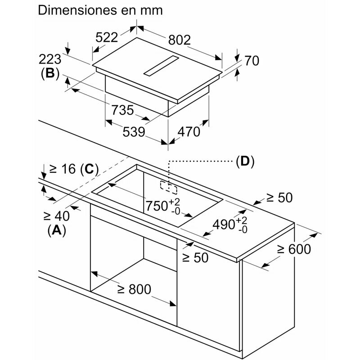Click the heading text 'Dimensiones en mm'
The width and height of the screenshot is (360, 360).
(x=100, y=11)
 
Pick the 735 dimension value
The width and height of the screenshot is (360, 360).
(x=121, y=110)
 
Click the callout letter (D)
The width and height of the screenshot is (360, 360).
(x=244, y=161)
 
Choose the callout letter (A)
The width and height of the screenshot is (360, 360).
(x=57, y=230)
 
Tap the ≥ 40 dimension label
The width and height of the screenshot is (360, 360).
(x=56, y=215)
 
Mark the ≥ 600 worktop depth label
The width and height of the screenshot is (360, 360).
(x=294, y=248)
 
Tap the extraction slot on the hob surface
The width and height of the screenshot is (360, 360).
(x=161, y=67)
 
